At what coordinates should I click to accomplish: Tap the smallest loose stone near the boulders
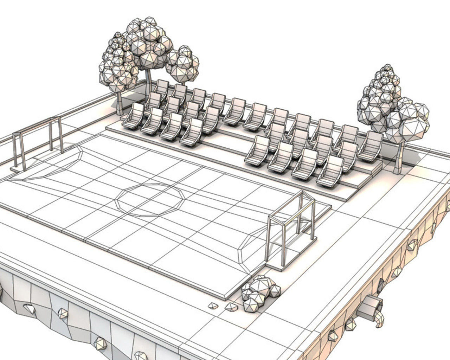click(212, 305)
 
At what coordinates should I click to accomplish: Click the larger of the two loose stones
click(231, 307)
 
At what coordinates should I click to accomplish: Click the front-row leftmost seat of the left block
click(133, 116)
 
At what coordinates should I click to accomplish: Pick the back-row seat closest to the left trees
click(162, 88)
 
